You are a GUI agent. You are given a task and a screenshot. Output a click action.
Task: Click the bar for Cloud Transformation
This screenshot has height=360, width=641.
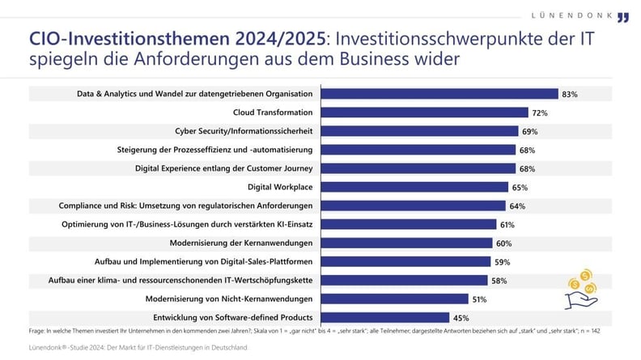[x=424, y=112]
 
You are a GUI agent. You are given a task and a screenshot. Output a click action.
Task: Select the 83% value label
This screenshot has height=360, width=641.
[x=570, y=95]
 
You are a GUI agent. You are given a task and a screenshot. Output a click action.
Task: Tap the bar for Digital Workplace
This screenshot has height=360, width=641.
[x=414, y=187]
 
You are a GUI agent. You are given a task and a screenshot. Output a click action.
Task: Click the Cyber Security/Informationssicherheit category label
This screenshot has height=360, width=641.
[x=244, y=131]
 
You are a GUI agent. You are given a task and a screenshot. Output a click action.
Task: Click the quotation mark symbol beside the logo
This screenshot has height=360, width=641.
[x=622, y=17]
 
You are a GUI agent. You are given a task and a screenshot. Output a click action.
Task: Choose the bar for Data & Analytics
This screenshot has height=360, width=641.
[x=439, y=94]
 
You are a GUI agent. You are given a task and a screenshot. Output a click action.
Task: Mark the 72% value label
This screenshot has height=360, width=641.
[x=541, y=113]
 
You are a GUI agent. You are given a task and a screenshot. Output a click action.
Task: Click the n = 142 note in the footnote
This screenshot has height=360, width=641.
[x=613, y=330]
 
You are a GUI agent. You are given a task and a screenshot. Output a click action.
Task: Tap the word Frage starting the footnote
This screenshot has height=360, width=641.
[x=36, y=330]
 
